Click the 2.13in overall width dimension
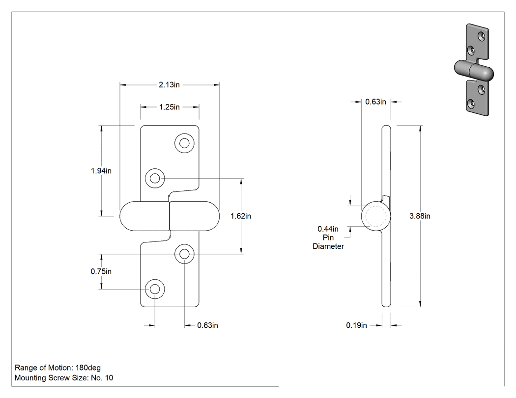169,85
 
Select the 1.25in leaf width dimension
170,107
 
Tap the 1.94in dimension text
101,171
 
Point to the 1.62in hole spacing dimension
241,216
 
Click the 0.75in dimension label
101,271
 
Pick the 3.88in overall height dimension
420,216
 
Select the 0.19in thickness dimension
356,325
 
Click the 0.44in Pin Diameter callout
328,238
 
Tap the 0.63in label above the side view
375,102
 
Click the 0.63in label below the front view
208,325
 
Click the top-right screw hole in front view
184,143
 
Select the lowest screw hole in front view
155,289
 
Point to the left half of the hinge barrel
144,216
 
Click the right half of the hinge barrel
195,216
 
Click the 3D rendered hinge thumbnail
474,70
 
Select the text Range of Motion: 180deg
57,368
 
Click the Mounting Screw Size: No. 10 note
64,378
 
